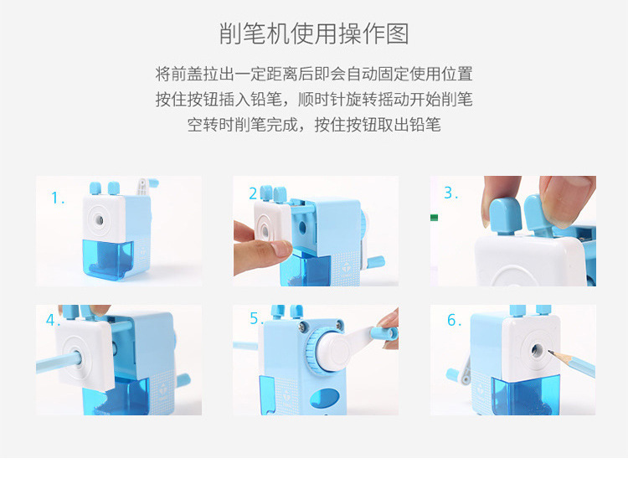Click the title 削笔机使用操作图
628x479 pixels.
point(314,33)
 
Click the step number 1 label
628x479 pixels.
point(58,198)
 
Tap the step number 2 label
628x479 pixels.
point(253,193)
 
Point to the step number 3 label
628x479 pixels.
point(450,193)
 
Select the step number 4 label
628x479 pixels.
point(51,320)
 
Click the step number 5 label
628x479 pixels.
point(256,318)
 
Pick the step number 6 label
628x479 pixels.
point(454,320)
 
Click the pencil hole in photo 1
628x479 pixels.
point(99,220)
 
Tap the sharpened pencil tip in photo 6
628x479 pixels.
point(550,353)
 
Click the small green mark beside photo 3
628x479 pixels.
point(434,218)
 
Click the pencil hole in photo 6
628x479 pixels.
point(537,350)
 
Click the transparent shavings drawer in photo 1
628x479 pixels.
point(109,258)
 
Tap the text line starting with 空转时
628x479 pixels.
point(314,125)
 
